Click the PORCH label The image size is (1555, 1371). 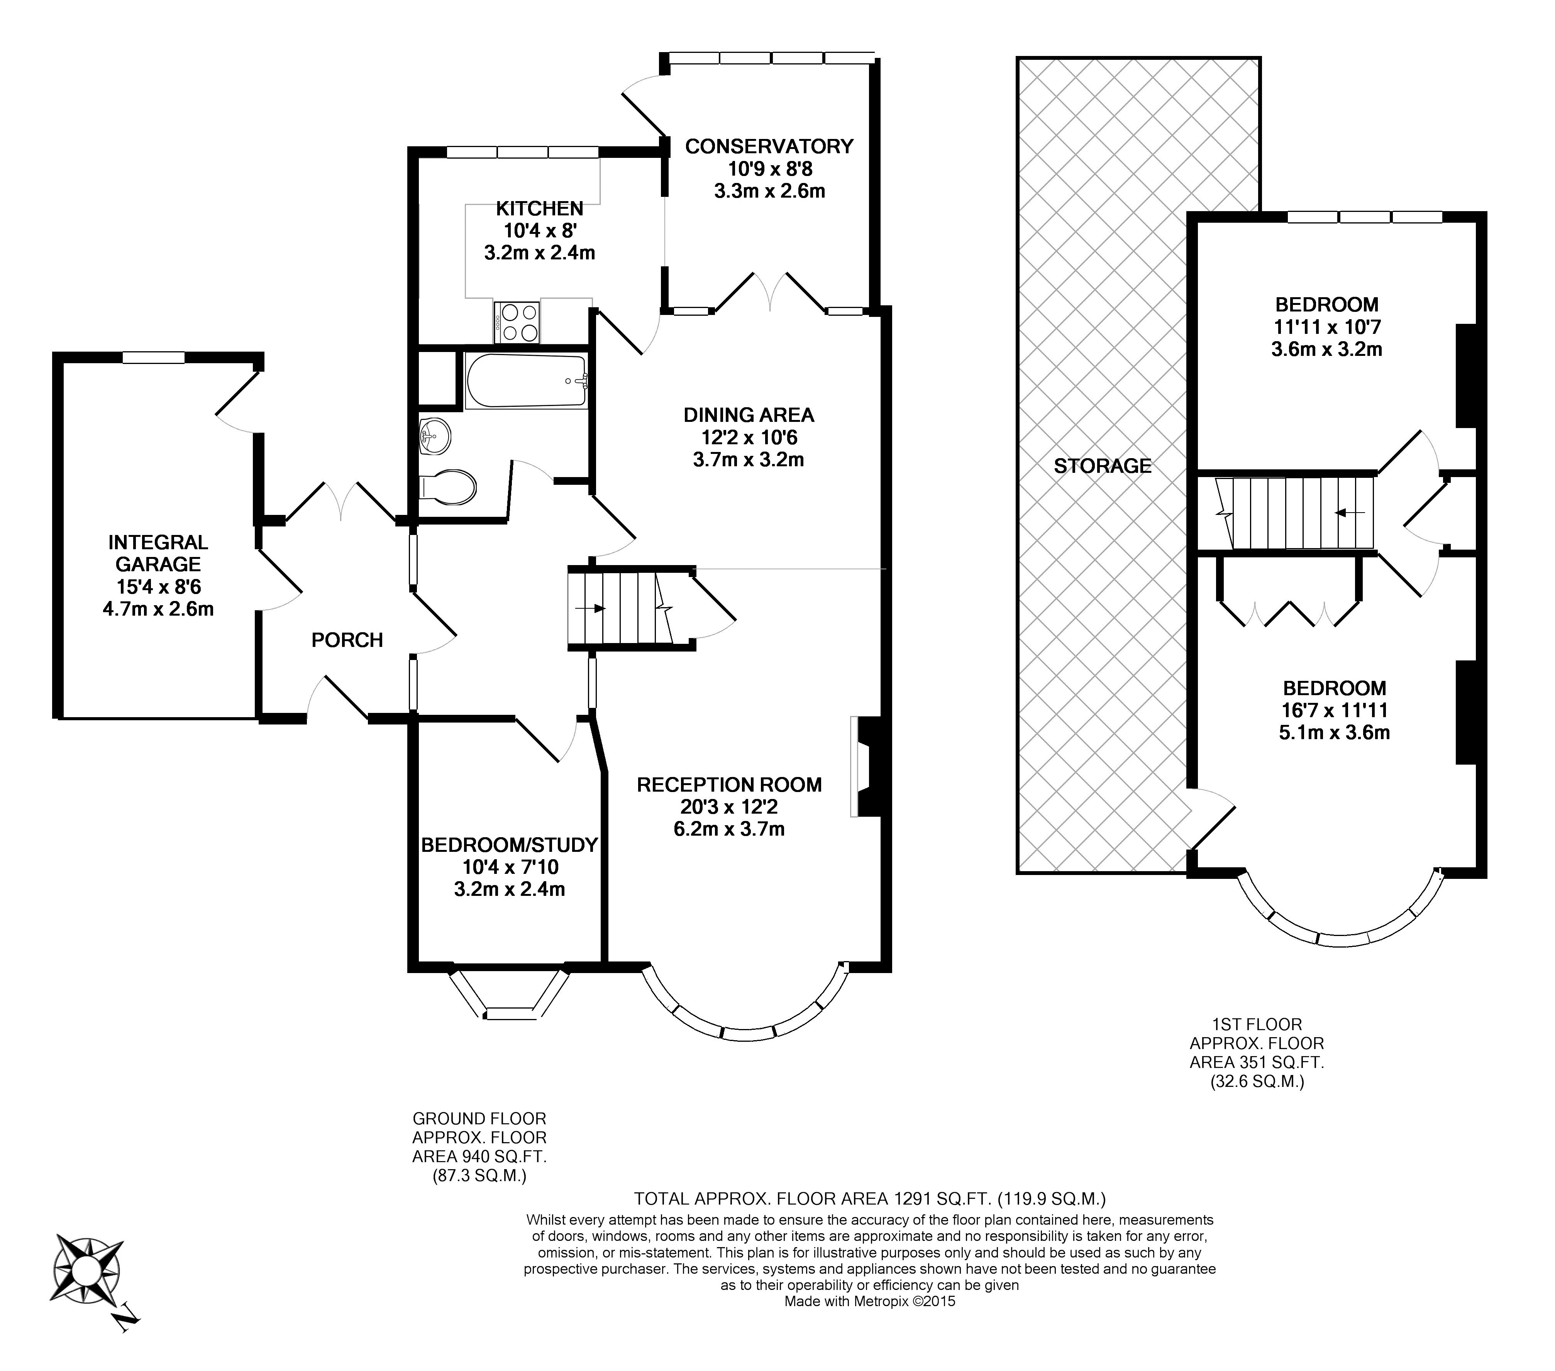(x=347, y=640)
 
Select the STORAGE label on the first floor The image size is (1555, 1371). (x=1102, y=465)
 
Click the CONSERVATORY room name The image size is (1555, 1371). (x=769, y=146)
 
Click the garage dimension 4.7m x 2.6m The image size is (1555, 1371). (x=158, y=609)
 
